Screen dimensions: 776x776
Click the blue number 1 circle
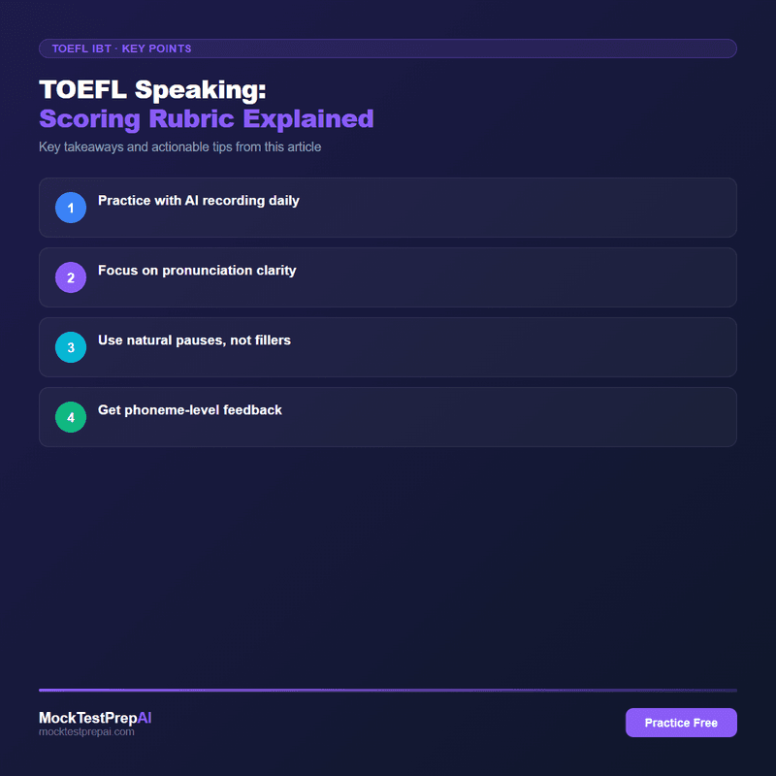[x=71, y=208]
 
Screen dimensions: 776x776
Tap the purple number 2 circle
[x=71, y=277]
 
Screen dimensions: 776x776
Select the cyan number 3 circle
[x=71, y=347]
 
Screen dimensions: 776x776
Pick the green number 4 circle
[x=71, y=417]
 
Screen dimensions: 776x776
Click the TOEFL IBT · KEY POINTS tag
[x=121, y=48]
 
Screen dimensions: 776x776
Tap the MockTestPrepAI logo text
[x=95, y=718]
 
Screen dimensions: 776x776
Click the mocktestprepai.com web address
[x=86, y=732]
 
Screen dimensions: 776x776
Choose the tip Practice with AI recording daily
[x=199, y=201]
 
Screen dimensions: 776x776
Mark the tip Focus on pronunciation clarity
[x=197, y=271]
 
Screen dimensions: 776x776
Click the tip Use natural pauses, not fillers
[x=194, y=340]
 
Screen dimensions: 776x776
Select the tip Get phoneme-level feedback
[x=190, y=410]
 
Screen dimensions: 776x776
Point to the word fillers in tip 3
[x=272, y=340]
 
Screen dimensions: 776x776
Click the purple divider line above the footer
[x=388, y=690]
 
